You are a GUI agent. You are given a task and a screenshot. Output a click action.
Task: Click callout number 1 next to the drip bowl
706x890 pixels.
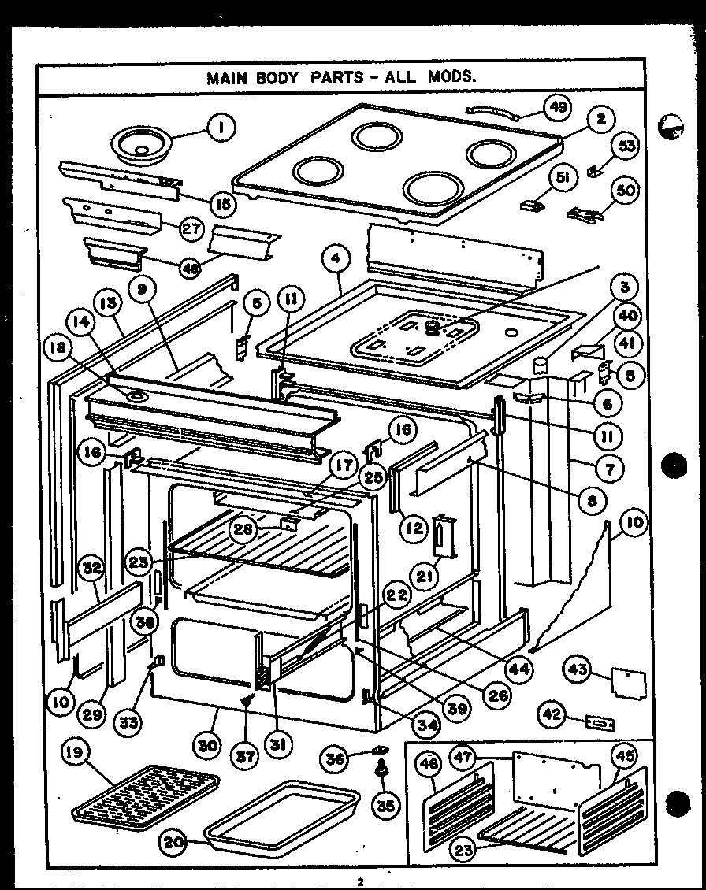point(222,126)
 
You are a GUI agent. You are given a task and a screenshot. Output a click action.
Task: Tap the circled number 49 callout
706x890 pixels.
point(558,109)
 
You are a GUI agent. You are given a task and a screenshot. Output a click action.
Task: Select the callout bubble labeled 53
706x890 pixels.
point(628,147)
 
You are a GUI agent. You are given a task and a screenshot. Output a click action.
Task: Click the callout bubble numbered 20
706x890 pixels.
point(174,842)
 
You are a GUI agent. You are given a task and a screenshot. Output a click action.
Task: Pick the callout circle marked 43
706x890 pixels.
point(579,669)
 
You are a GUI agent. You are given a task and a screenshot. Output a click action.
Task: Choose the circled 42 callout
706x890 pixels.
point(552,715)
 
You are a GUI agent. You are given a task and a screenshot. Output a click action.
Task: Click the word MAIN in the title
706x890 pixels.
point(226,78)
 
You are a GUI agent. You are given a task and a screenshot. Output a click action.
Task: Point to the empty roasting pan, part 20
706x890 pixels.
point(281,816)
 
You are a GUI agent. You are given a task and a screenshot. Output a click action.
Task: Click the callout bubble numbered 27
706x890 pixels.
point(191,230)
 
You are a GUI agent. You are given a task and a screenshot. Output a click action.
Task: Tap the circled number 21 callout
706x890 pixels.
point(426,577)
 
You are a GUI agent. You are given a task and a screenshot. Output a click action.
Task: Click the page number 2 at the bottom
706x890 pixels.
point(359,881)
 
